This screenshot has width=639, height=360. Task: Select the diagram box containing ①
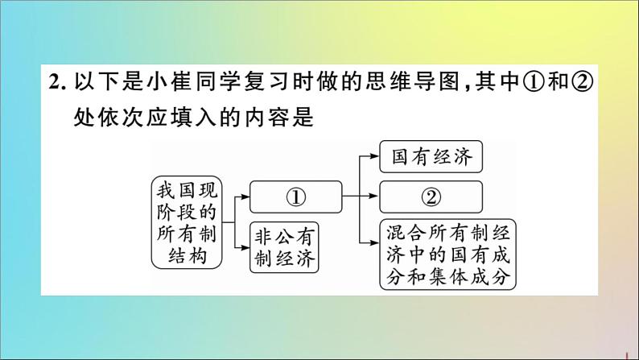[295, 197]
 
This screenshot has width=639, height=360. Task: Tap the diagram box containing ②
[431, 197]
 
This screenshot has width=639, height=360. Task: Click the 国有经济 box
[431, 156]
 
